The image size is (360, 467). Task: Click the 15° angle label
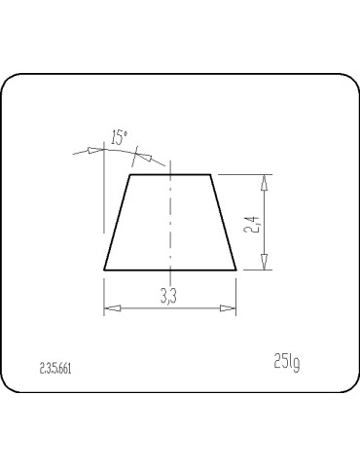point(119,137)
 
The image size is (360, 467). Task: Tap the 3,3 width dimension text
point(168,297)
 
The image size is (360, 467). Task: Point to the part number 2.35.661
point(55,369)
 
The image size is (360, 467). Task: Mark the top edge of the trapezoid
point(170,175)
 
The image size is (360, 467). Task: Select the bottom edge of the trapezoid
point(170,269)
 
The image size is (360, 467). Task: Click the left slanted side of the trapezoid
point(118,222)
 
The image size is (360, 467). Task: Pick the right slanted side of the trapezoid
point(224,222)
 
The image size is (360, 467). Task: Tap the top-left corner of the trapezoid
point(130,175)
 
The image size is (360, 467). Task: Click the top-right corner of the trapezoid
point(211,175)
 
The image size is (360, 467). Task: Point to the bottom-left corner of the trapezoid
point(105,269)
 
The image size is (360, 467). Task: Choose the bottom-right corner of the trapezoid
point(236,269)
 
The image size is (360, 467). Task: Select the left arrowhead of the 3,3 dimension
point(111,308)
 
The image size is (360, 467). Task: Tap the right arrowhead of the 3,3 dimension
point(230,308)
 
